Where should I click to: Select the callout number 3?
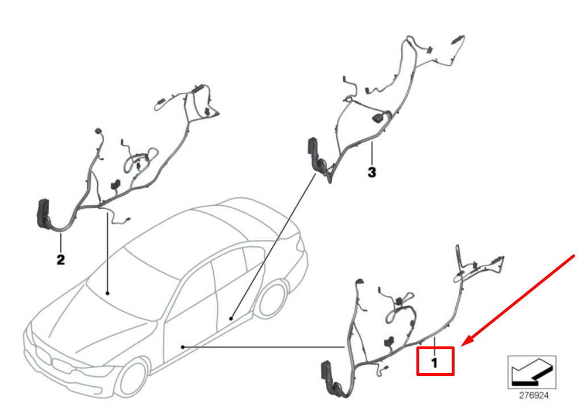[371, 171]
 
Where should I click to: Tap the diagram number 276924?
[533, 394]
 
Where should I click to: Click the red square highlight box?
[435, 361]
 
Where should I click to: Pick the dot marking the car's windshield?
[108, 294]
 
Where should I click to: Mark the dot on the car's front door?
[182, 345]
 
